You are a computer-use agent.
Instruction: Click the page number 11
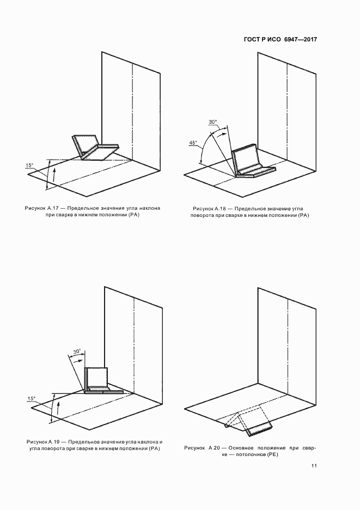click(314, 466)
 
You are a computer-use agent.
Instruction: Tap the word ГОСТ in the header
click(252, 40)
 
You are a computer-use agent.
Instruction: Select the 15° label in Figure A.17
click(29, 165)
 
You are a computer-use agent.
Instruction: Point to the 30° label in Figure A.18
click(213, 122)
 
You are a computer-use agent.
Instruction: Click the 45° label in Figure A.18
click(193, 142)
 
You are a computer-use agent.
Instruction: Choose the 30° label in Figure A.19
click(77, 351)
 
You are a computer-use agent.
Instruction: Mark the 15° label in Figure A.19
click(32, 398)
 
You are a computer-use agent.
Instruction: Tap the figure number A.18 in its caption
click(221, 209)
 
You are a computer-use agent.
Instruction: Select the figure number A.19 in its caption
click(54, 442)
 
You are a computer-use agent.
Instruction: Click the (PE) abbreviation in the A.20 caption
click(272, 455)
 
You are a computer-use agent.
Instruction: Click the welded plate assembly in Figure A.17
click(94, 147)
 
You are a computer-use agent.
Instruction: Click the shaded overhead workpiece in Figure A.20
click(259, 430)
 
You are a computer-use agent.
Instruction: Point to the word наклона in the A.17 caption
click(150, 208)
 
